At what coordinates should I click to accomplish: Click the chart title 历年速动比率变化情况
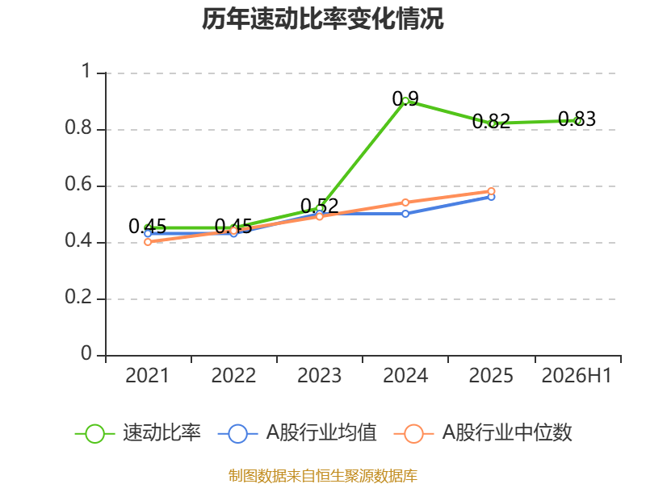[x=322, y=19]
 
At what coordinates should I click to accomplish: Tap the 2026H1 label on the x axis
[x=577, y=375]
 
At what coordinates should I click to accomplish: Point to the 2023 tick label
[x=319, y=375]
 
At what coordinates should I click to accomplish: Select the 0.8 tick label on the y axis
[x=78, y=127]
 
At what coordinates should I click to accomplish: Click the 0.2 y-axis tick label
[x=78, y=297]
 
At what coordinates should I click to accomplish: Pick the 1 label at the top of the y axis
[x=86, y=71]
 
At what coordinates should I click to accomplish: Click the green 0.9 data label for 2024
[x=405, y=98]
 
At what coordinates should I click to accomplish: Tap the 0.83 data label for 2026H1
[x=577, y=119]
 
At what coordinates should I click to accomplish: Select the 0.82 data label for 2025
[x=491, y=122]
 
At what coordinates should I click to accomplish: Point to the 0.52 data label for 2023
[x=319, y=206]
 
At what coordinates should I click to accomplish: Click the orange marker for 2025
[x=491, y=191]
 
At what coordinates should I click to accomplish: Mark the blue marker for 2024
[x=405, y=214]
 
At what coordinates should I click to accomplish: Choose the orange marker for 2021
[x=148, y=242]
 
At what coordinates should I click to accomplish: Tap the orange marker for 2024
[x=405, y=202]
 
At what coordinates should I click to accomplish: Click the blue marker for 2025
[x=491, y=197]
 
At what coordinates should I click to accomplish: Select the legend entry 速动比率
[x=138, y=433]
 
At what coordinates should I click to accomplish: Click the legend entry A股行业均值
[x=297, y=433]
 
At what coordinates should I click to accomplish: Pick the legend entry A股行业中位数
[x=483, y=433]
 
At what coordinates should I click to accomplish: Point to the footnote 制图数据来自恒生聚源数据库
[x=322, y=476]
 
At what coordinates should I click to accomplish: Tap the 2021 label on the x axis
[x=148, y=375]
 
